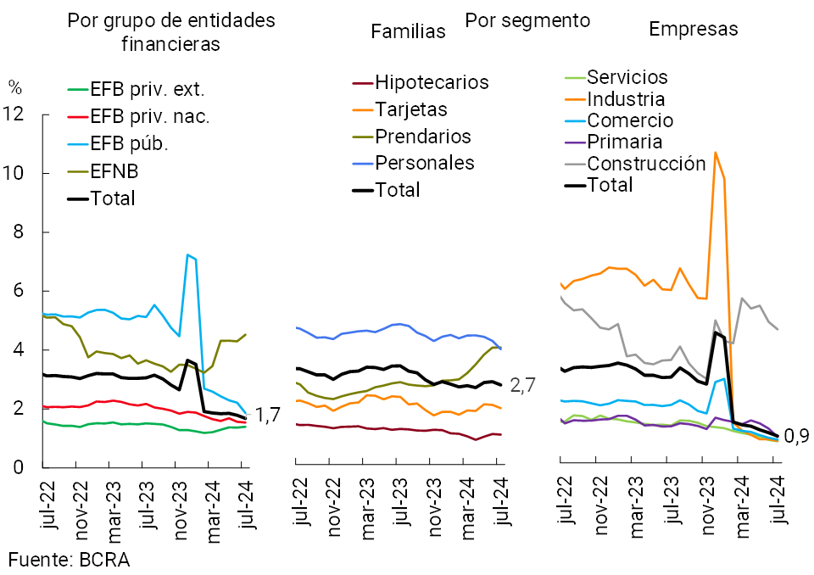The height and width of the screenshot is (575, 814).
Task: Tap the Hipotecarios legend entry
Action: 432,82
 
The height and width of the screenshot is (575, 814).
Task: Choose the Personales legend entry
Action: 424,162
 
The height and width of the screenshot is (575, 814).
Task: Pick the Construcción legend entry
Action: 646,163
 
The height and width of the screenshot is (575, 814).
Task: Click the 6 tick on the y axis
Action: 20,291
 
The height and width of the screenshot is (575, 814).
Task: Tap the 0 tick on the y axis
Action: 20,467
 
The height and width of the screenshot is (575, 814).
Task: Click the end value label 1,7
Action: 268,416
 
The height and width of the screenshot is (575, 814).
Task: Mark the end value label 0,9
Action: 798,438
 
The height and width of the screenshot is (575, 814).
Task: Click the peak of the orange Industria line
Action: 716,153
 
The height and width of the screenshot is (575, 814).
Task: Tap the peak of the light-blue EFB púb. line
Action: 187,254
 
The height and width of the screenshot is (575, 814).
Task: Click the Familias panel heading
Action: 409,31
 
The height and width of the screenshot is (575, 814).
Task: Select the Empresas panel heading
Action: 693,29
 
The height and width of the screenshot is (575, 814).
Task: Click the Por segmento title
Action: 527,20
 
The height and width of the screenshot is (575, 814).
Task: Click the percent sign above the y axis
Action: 14,86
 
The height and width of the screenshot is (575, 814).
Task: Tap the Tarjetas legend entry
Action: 411,109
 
